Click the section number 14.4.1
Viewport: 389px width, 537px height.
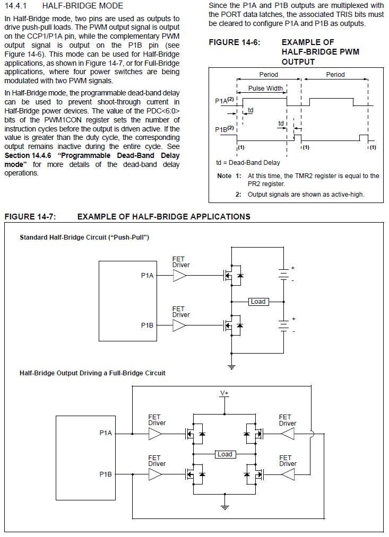pos(16,6)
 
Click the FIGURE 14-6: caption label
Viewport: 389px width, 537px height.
pos(235,42)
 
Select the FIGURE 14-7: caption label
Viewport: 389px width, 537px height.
pos(30,217)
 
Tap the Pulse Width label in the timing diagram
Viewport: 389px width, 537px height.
pos(266,89)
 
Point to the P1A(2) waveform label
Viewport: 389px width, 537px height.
pos(224,100)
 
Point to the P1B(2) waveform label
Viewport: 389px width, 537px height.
pos(224,129)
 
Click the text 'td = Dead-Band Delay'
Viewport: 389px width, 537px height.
pos(248,163)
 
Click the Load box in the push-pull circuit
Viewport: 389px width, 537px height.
pos(258,302)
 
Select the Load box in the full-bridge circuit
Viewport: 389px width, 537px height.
pos(225,454)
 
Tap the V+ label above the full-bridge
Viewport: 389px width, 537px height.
pos(224,393)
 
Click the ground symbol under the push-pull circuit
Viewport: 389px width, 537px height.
pos(232,367)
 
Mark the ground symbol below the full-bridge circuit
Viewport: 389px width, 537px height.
pos(225,507)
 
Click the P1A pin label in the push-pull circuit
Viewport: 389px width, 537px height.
pos(148,276)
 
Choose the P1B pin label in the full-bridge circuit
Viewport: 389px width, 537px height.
pos(106,474)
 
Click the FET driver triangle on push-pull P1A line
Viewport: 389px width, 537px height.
pos(179,276)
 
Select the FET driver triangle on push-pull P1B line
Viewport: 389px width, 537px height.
pos(179,325)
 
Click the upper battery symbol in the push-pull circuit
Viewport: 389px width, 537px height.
pos(283,274)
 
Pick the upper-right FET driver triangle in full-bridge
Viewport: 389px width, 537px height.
pos(288,434)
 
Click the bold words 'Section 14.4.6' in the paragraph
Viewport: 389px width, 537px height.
pos(28,155)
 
